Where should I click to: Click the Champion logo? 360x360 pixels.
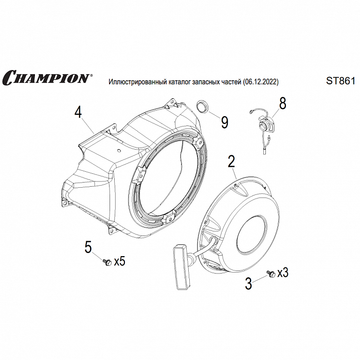(47, 77)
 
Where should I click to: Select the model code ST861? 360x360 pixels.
(340, 81)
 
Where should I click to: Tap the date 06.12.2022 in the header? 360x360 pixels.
(260, 82)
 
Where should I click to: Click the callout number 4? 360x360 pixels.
(78, 113)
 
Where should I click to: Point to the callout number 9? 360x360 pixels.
(224, 122)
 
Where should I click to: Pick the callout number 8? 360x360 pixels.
(282, 103)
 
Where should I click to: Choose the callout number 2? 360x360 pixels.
(231, 161)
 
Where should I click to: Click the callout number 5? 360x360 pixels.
(88, 247)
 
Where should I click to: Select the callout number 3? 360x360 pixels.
(248, 284)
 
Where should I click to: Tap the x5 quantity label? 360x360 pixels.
(120, 261)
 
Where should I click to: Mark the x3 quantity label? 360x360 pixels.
(283, 273)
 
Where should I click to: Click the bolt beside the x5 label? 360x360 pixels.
(107, 262)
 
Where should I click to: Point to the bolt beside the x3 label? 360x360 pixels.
(271, 274)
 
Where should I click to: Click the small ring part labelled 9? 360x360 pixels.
(202, 106)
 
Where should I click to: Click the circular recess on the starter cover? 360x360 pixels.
(253, 235)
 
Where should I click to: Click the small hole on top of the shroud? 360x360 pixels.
(118, 150)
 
